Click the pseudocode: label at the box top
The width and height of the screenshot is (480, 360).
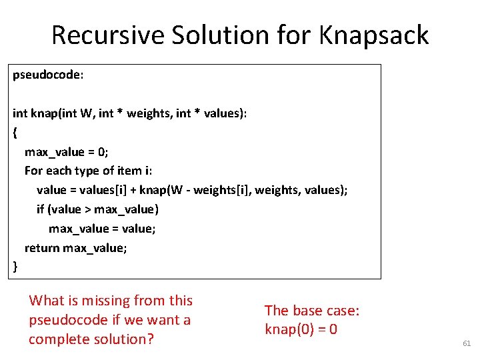click(x=48, y=75)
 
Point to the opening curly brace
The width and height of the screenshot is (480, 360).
click(x=15, y=133)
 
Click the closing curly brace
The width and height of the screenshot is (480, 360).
click(x=15, y=267)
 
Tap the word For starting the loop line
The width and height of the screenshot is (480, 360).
click(x=33, y=171)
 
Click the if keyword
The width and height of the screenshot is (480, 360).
click(x=41, y=209)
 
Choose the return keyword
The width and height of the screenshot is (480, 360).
click(x=42, y=248)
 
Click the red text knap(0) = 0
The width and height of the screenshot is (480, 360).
click(x=301, y=329)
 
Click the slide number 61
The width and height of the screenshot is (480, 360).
click(x=466, y=343)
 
